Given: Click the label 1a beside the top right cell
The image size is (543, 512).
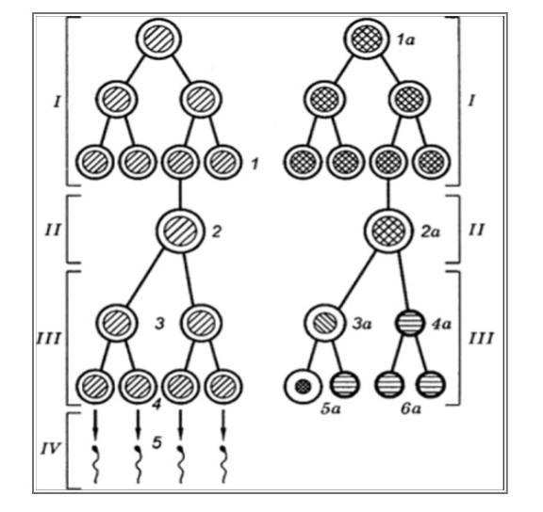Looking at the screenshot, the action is pos(406,40).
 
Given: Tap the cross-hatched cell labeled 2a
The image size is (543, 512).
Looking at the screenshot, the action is pos(388,231).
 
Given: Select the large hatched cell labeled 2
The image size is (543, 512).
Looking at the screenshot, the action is pos(180,231).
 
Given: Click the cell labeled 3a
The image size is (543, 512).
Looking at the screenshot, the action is pos(325,323).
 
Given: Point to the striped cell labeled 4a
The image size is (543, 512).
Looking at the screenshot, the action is pos(410,323).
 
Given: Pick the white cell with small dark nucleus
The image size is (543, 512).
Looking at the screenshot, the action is pos(304,386).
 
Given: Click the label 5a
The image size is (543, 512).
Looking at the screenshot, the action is pos(331,409).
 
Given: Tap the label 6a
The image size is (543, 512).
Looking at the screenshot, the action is pos(411,409).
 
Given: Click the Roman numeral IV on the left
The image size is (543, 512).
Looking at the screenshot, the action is pos(51,448).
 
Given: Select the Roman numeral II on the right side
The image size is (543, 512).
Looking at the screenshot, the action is pos(476,230).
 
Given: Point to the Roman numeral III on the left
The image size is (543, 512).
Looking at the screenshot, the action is pos(49,339).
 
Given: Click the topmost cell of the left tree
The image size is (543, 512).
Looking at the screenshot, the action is pos(158,39).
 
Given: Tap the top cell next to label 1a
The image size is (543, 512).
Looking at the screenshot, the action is pos(367,39).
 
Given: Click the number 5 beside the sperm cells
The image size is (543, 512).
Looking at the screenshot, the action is pos(156,442).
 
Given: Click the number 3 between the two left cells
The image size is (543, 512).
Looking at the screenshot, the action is pos(159,325).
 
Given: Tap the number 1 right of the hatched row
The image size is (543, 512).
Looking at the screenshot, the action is pos(255,164).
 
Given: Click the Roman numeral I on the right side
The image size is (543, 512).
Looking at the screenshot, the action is pos(471,101).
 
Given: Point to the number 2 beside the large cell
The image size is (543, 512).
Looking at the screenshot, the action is pos(217,232).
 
